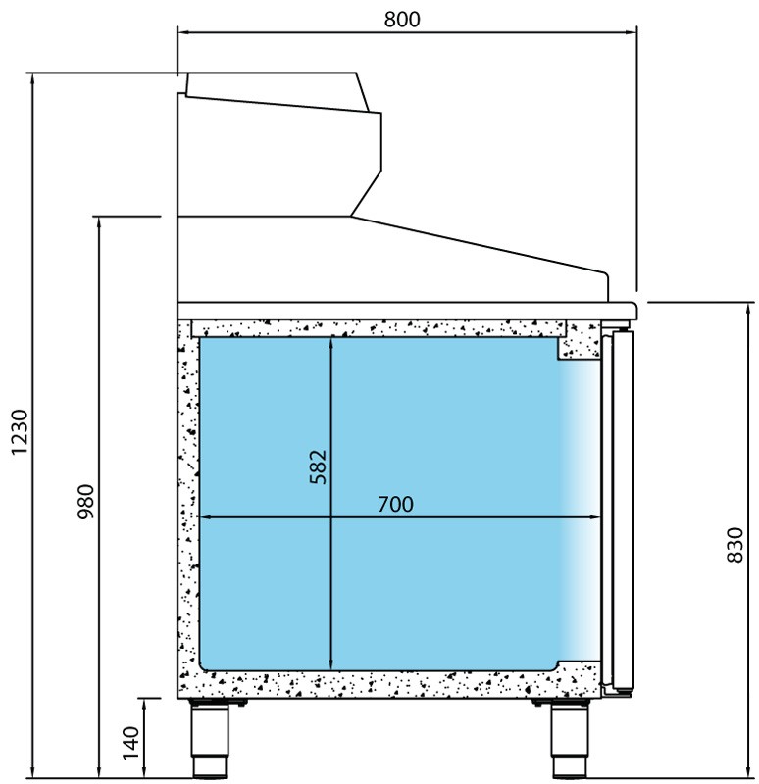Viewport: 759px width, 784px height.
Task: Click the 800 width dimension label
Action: (x=402, y=19)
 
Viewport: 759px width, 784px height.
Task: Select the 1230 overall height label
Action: (x=20, y=432)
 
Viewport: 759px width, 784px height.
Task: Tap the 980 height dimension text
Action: (x=86, y=501)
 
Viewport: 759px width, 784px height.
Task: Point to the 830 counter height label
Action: (x=735, y=545)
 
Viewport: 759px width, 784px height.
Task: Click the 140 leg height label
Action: (x=130, y=743)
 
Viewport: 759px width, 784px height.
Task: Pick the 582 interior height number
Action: (x=318, y=467)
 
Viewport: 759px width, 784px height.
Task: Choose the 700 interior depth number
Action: (x=395, y=504)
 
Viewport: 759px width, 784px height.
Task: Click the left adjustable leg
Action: (x=210, y=738)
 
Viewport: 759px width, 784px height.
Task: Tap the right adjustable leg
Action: (x=570, y=738)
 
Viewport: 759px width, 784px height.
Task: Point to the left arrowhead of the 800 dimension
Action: (x=182, y=33)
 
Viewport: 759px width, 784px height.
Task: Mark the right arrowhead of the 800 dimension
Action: (x=632, y=33)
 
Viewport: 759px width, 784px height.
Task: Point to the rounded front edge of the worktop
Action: (x=634, y=310)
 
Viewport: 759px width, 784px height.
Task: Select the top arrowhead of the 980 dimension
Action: (x=99, y=221)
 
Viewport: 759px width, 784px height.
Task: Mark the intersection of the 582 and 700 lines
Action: (x=330, y=517)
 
